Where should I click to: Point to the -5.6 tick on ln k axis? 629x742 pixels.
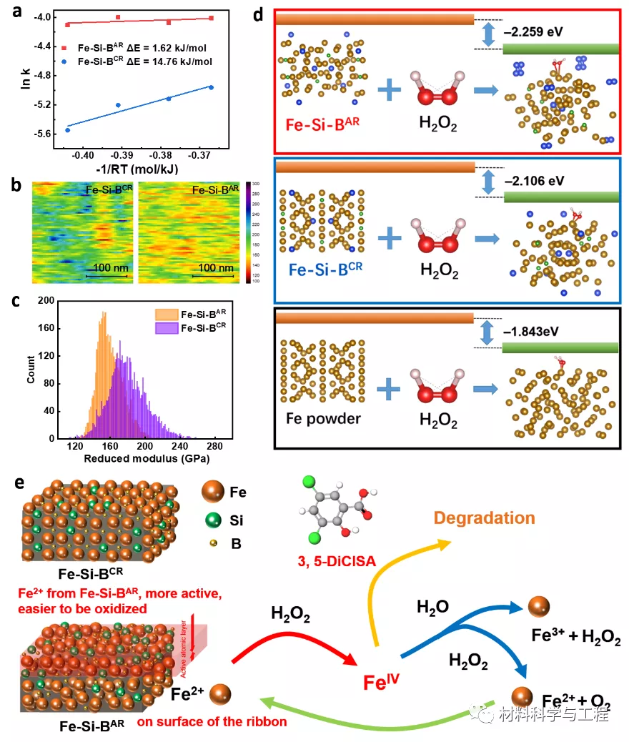pyautogui.click(x=41, y=134)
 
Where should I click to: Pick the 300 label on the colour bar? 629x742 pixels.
pyautogui.click(x=256, y=184)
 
